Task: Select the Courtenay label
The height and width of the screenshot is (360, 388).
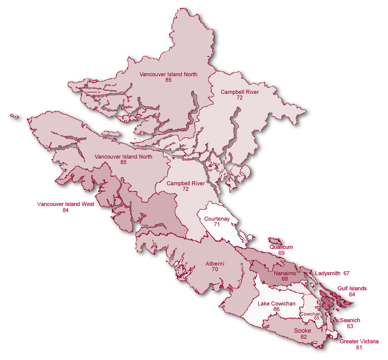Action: (x=217, y=219)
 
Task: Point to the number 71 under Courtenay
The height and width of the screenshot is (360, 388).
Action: (x=217, y=225)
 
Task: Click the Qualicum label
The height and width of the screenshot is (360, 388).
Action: (x=281, y=247)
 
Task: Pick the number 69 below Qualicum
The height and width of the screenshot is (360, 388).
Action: (x=281, y=253)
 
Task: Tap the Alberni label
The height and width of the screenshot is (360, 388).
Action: (x=215, y=264)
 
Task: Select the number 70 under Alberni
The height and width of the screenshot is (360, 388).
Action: (x=215, y=270)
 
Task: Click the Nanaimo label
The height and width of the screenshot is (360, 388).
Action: (x=285, y=273)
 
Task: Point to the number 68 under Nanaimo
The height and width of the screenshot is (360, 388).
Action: (x=285, y=279)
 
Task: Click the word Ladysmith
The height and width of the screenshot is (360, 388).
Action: (x=327, y=273)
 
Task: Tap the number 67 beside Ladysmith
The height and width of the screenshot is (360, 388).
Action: (x=347, y=273)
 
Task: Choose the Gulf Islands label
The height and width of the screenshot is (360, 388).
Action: (x=352, y=288)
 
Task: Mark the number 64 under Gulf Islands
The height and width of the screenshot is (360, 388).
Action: (x=352, y=294)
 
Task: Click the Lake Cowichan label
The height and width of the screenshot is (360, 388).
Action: (x=276, y=303)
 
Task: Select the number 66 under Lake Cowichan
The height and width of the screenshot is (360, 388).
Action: (x=276, y=309)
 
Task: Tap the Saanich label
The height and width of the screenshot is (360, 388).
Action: (x=350, y=321)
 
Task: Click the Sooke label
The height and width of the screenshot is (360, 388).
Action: (x=303, y=331)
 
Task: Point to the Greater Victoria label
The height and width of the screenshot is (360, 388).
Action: (x=359, y=342)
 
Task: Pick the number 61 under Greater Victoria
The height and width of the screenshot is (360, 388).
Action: (x=359, y=348)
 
